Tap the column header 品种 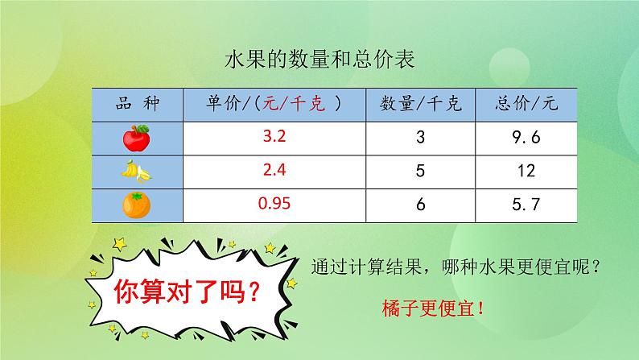138,103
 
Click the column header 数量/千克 420,104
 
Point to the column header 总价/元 528,104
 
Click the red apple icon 136,138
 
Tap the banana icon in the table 136,172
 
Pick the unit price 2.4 274,171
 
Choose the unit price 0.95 274,205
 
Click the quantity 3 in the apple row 420,138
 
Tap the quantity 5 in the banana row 420,172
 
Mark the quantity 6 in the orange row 420,205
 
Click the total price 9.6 528,138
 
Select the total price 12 528,172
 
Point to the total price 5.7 528,205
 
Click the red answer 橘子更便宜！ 435,307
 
